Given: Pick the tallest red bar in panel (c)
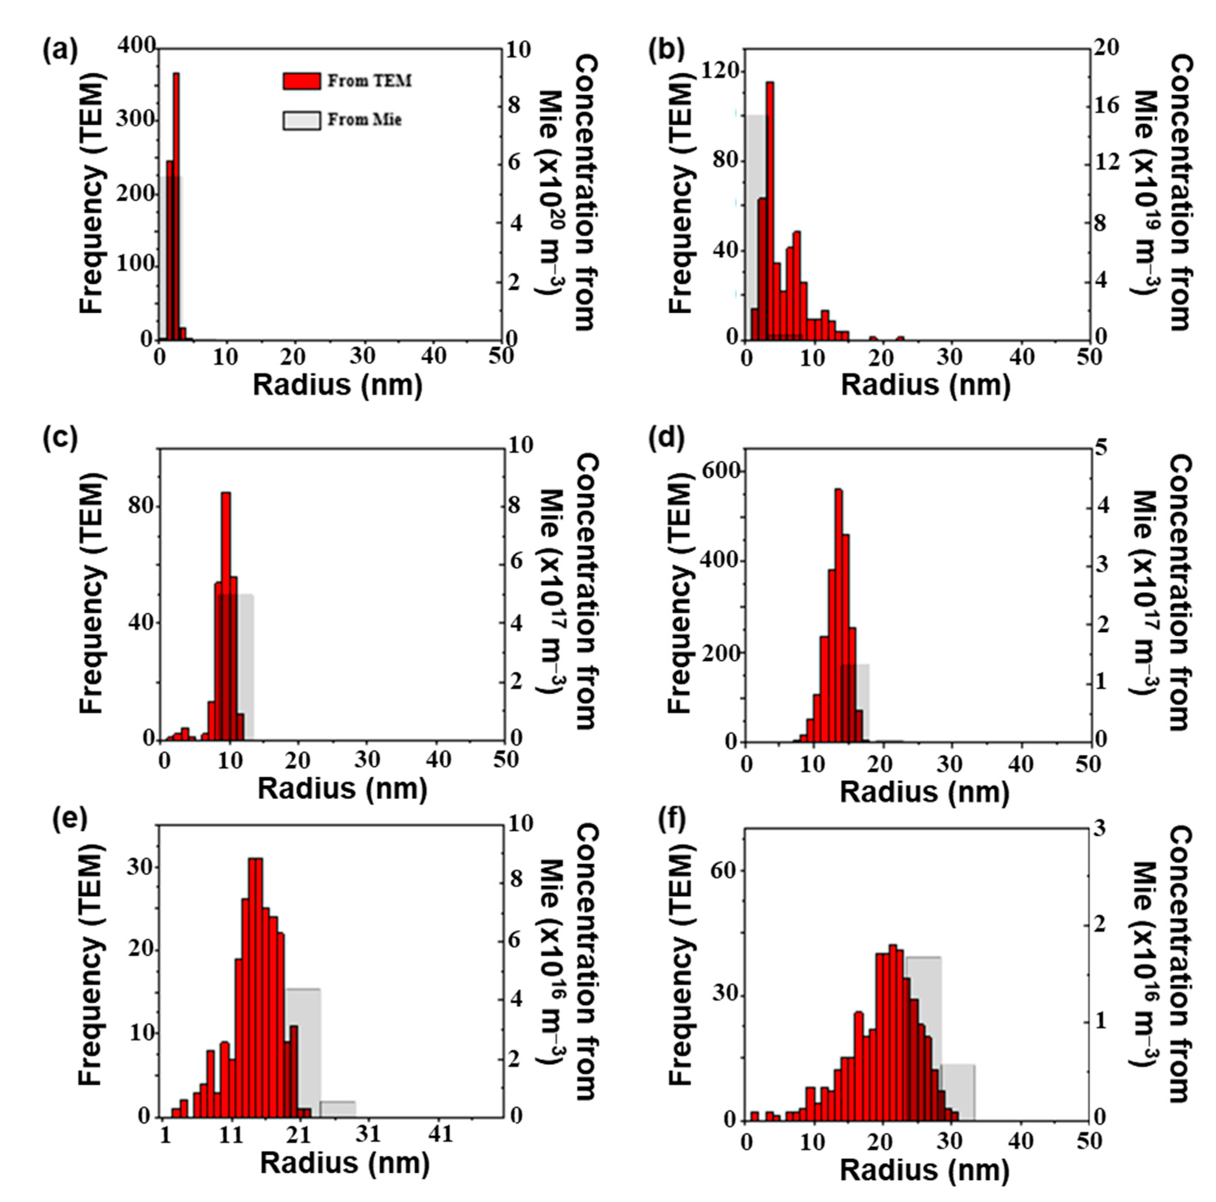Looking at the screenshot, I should click(x=226, y=617).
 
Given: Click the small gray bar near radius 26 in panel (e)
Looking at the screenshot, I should click(x=338, y=1124).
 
